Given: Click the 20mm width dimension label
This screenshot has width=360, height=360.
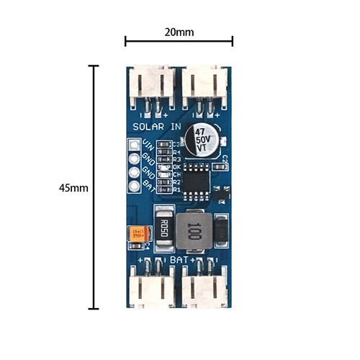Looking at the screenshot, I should click(179, 32).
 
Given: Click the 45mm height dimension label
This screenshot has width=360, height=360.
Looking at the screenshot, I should click(74, 187).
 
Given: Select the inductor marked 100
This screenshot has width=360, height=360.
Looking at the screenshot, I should click(193, 230).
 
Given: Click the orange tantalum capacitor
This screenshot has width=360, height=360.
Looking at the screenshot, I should click(137, 233).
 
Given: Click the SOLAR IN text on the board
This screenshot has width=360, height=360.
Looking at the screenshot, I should click(156, 126).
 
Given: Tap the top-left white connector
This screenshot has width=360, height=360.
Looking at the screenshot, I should click(151, 86).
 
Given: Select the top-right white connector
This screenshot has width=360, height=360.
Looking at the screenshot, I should click(207, 86).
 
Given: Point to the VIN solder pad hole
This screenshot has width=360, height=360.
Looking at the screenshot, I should click(135, 145).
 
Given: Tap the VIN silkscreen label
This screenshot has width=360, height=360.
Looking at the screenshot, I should click(149, 143).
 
